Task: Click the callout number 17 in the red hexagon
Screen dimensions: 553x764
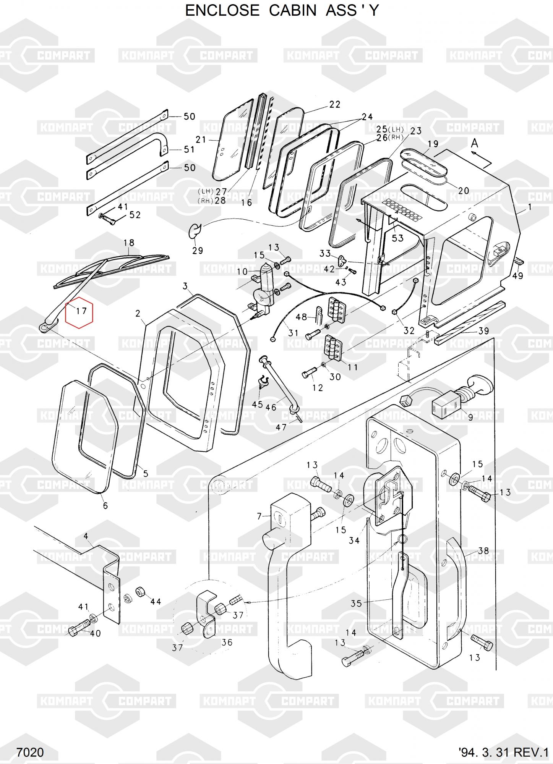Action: [81, 311]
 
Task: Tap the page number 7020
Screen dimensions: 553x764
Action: [30, 753]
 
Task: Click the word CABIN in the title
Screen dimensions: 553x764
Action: [293, 11]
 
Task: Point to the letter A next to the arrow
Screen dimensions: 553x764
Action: [474, 143]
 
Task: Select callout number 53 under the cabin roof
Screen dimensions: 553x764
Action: [397, 238]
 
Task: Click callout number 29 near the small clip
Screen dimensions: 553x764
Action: [197, 251]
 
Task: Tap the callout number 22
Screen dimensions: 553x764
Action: [334, 104]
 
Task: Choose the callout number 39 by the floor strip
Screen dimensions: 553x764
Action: [484, 331]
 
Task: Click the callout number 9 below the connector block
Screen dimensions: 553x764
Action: [470, 418]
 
